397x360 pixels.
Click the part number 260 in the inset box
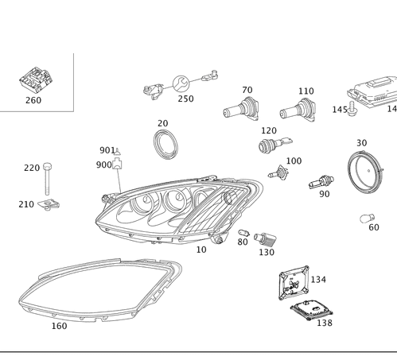pyautogui.click(x=33, y=101)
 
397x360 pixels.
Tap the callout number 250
pyautogui.click(x=186, y=99)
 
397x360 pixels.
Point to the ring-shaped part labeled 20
pyautogui.click(x=165, y=144)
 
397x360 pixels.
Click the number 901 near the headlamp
pyautogui.click(x=107, y=150)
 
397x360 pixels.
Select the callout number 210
pyautogui.click(x=26, y=204)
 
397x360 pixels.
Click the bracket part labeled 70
pyautogui.click(x=243, y=109)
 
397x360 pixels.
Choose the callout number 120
pyautogui.click(x=269, y=130)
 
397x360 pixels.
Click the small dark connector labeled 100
pyautogui.click(x=278, y=172)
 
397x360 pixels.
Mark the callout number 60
pyautogui.click(x=374, y=226)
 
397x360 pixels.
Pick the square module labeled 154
pyautogui.click(x=292, y=283)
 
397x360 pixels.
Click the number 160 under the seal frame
pyautogui.click(x=59, y=325)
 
